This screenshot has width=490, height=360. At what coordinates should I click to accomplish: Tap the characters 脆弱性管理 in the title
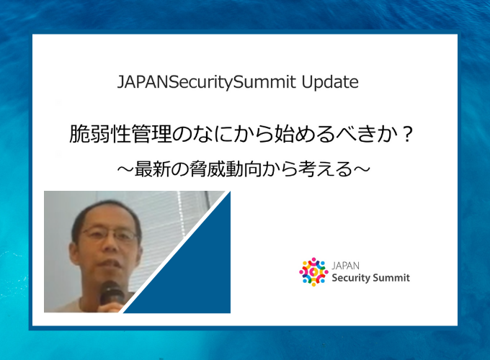(120, 135)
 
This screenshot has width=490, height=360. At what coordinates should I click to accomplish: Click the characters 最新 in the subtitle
(152, 169)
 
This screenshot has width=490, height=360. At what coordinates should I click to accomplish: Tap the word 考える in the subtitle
(325, 169)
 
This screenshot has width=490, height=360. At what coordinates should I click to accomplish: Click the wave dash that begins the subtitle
(125, 169)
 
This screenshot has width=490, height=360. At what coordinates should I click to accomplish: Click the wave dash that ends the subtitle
(362, 169)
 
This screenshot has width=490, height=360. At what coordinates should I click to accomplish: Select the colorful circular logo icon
(313, 272)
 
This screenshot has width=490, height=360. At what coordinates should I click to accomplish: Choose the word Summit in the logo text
(390, 277)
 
